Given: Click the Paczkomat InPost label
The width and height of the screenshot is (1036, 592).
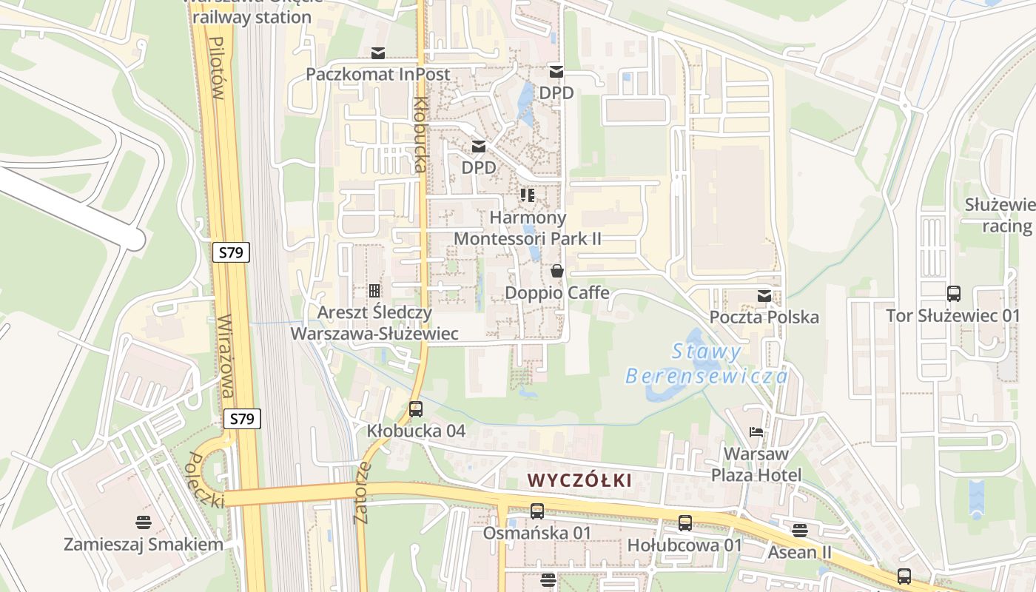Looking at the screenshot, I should [377, 74].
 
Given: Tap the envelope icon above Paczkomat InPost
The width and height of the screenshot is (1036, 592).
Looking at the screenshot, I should [378, 53].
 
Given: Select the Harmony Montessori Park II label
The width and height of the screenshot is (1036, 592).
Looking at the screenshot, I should [528, 228].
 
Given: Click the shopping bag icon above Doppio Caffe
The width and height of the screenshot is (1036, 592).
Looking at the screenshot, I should [557, 272].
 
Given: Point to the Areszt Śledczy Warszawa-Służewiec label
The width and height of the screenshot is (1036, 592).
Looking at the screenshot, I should [374, 323].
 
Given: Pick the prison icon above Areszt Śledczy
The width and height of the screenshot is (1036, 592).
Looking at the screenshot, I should [374, 291].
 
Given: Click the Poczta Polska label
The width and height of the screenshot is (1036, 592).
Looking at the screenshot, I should [764, 317].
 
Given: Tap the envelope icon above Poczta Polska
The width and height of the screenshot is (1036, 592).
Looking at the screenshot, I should [764, 297].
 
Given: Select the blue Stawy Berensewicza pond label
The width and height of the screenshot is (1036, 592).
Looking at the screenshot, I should [707, 364].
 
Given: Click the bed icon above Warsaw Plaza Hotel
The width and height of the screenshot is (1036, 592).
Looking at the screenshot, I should [756, 432].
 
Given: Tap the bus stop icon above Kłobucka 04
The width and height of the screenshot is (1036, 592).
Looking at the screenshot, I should [416, 408].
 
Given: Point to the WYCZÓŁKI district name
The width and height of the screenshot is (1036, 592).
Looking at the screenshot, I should [580, 480].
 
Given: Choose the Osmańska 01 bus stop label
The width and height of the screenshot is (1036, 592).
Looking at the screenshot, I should [537, 533].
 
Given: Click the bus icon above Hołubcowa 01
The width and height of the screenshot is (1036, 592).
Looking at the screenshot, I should [685, 523].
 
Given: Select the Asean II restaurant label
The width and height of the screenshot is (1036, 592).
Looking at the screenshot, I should [799, 552].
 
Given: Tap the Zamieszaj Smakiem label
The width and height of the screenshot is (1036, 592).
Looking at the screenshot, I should [144, 545].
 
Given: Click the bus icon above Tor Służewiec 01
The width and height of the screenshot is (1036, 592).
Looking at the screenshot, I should [953, 294].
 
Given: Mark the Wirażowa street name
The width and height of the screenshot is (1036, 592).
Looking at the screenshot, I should [226, 355].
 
